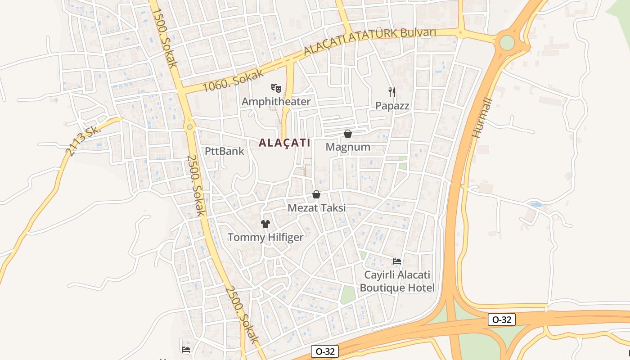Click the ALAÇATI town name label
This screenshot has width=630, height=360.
[284, 143]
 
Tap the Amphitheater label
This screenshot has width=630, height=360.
[276, 102]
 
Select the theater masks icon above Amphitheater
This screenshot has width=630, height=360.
[276, 88]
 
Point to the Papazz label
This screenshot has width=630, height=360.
[392, 106]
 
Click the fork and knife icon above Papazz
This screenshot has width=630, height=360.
[392, 92]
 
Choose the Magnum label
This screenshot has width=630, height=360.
[348, 147]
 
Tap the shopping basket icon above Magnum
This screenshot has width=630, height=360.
[347, 134]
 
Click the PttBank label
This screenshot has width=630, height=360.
[225, 151]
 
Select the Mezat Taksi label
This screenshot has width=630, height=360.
[317, 208]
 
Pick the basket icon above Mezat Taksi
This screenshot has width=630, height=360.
[316, 194]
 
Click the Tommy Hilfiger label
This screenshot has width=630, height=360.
[265, 237]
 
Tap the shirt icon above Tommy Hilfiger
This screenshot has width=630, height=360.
[265, 224]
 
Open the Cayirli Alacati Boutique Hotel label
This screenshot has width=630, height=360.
[397, 281]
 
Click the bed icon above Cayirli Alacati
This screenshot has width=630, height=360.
[396, 261]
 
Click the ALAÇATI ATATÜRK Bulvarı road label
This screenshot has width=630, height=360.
[370, 41]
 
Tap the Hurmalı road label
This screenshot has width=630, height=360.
[483, 118]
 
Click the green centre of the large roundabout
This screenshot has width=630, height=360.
[507, 43]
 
